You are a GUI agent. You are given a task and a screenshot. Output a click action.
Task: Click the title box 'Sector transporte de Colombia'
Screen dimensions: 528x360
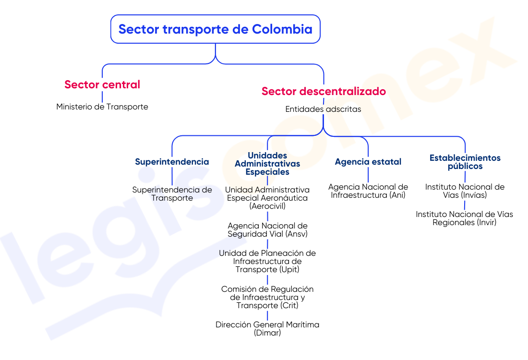click(x=215, y=29)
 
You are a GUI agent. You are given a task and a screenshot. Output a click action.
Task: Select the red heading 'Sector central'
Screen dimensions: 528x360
click(x=102, y=84)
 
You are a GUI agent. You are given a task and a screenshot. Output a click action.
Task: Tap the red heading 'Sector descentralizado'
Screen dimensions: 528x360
click(x=324, y=91)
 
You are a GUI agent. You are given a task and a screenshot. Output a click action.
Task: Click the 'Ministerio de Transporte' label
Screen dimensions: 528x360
click(x=102, y=107)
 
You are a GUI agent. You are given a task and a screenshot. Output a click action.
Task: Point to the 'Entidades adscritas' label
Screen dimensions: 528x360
click(x=323, y=109)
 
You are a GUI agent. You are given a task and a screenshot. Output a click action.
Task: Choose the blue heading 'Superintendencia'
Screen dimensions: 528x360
click(x=172, y=162)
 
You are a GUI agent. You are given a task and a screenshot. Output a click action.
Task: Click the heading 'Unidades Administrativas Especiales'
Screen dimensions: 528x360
click(x=267, y=164)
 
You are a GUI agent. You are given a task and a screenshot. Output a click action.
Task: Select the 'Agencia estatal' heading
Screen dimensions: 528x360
click(x=368, y=162)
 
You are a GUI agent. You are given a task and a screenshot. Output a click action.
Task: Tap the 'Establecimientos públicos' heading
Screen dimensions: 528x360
click(x=465, y=162)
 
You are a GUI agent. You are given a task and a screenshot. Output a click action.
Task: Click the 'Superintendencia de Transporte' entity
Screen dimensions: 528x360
click(x=172, y=193)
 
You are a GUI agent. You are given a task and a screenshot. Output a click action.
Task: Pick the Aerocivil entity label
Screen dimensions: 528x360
click(x=267, y=198)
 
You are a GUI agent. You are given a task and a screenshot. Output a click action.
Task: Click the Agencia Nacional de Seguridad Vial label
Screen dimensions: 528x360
click(x=267, y=229)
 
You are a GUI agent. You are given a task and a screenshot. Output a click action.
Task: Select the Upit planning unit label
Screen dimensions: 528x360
click(x=267, y=261)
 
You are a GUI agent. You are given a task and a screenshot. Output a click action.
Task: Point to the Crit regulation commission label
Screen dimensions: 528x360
click(x=267, y=298)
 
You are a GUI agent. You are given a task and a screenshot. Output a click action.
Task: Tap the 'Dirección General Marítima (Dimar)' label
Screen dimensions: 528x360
click(x=267, y=329)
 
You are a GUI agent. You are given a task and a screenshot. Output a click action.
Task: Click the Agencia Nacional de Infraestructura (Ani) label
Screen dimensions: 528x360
click(x=368, y=191)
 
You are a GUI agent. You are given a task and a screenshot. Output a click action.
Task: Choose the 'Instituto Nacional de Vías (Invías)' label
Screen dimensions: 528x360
click(x=465, y=191)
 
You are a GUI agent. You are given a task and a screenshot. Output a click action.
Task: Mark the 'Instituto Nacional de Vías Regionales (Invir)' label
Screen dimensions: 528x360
click(x=465, y=218)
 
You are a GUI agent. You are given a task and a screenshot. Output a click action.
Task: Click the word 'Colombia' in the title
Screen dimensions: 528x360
click(x=282, y=29)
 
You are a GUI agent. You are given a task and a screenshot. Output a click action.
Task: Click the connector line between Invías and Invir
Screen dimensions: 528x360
click(x=465, y=205)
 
